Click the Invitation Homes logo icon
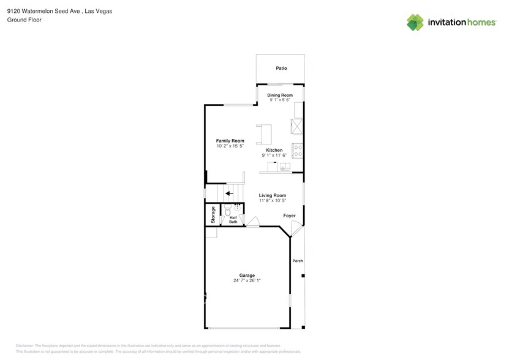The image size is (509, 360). [415, 23]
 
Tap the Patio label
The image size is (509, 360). [281, 69]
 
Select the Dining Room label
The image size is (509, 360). [281, 95]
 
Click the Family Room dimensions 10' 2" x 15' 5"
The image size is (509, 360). [230, 146]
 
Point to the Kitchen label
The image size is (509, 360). [274, 150]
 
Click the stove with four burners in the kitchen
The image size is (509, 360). [298, 150]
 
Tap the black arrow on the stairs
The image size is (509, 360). [229, 193]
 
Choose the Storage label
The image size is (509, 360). [213, 214]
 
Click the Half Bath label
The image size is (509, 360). [233, 219]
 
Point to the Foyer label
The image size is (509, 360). [289, 216]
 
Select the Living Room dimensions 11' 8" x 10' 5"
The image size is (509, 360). [272, 201]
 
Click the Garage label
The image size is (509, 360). [247, 275]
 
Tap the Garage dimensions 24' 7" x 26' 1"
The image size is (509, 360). [247, 280]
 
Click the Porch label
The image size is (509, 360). [298, 261]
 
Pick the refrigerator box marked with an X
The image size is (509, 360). [298, 126]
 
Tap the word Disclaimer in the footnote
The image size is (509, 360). [25, 346]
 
